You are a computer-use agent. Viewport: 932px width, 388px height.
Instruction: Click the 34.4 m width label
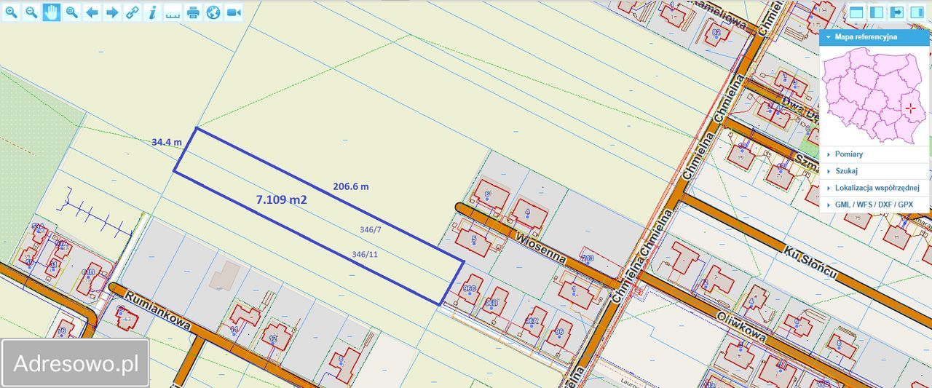pos(166,142)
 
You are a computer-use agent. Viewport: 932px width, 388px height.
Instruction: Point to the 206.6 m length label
pos(351,186)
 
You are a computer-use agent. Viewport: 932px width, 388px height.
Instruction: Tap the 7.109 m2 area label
pos(281,199)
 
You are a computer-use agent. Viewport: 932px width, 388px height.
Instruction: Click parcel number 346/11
pos(365,255)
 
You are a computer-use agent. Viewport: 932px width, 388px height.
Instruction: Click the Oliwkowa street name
pos(741,327)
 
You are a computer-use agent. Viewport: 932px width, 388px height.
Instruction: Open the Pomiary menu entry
pos(849,154)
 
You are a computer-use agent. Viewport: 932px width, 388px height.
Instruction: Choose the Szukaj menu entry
pos(846,171)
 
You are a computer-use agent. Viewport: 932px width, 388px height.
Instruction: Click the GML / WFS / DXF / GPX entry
pos(874,205)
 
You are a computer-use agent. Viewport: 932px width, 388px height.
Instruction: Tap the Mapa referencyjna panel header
pos(866,36)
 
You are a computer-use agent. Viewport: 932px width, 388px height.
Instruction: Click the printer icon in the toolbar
pos(193,12)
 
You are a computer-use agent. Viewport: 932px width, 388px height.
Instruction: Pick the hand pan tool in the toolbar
pos(51,12)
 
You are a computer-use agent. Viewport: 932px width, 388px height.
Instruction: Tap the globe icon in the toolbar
pos(213,12)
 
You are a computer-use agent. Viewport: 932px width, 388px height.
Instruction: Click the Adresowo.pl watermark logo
pos(76,363)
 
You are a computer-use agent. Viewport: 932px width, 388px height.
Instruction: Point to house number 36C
pos(469,289)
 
